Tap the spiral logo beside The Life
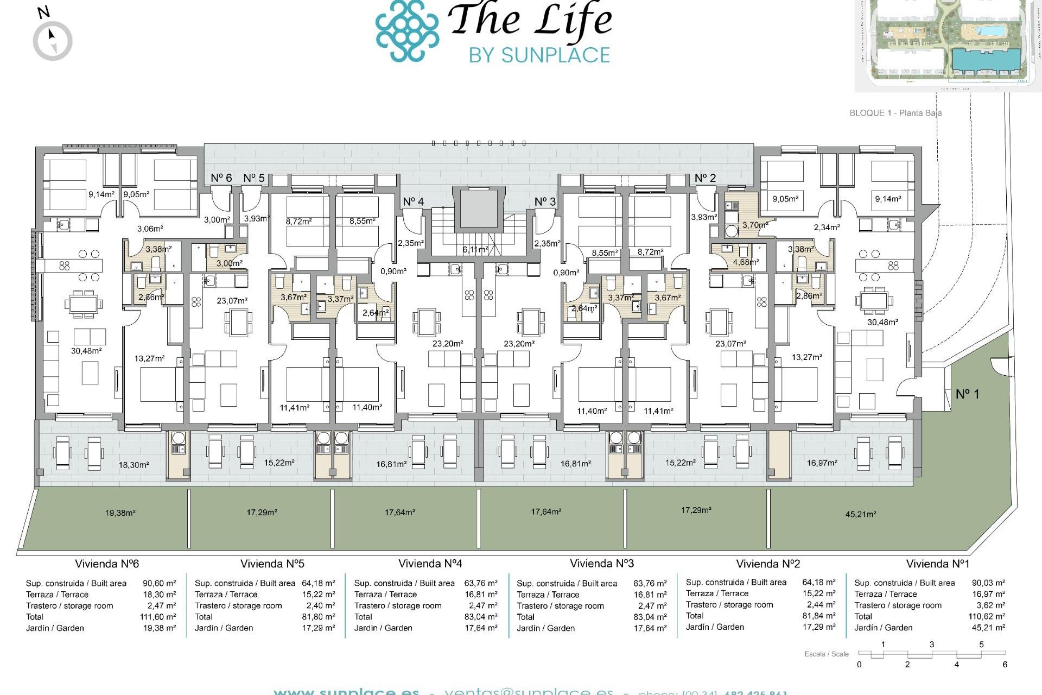[x=407, y=30]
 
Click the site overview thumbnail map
[x=948, y=43]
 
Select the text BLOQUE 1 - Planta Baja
[x=895, y=113]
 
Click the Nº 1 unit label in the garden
[x=967, y=394]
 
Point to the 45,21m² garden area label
[x=860, y=514]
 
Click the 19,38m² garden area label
[x=120, y=513]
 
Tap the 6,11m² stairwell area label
[x=475, y=250]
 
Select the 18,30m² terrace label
[x=134, y=465]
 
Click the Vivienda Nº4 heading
[x=430, y=564]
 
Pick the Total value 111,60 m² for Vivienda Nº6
[x=157, y=617]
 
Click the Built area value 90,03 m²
[x=988, y=583]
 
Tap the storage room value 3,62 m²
[x=991, y=605]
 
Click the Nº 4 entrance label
[x=413, y=202]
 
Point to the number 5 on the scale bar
[x=981, y=645]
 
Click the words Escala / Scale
[x=826, y=654]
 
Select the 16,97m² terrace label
[x=822, y=463]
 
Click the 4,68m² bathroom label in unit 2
[x=746, y=262]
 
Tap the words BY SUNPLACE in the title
[x=539, y=55]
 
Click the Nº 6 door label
[x=221, y=178]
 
